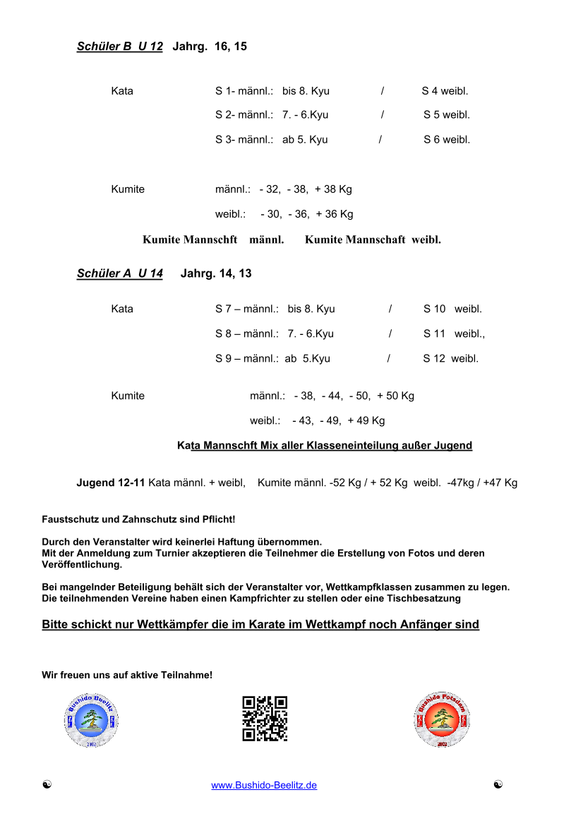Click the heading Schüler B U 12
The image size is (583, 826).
click(x=120, y=47)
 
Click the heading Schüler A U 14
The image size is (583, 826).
click(x=120, y=273)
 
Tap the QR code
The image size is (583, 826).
click(x=265, y=719)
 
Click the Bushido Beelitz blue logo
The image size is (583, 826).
click(x=90, y=720)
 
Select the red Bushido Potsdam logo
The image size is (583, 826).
click(x=442, y=720)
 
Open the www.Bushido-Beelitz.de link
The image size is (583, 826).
click(x=264, y=785)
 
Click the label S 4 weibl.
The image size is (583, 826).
click(x=445, y=91)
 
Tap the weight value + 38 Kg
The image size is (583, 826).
click(x=333, y=189)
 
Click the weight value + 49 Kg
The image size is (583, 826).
click(x=366, y=420)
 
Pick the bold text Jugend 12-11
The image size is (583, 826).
click(x=111, y=483)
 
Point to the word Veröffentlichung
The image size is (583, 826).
click(x=82, y=565)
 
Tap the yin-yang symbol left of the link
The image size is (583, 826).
click(x=47, y=784)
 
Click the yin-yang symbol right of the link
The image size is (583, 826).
click(x=498, y=784)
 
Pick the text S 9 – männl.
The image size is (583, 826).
click(x=247, y=358)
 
